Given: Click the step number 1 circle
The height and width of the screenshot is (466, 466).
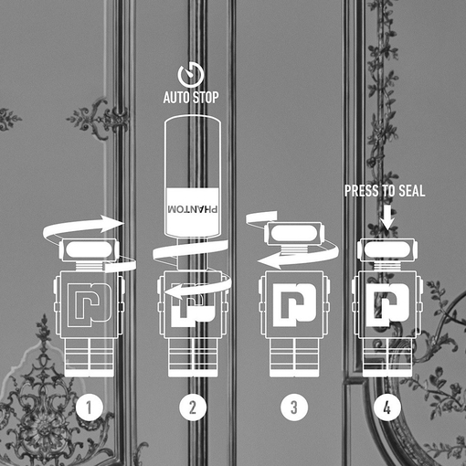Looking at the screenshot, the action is [90, 407].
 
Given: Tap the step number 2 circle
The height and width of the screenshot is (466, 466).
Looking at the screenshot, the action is [193, 407].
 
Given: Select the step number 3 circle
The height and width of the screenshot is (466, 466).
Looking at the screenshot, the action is [294, 407].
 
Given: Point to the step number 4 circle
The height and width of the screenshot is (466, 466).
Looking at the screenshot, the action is [387, 407].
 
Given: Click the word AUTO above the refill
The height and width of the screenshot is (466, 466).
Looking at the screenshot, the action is [176, 98].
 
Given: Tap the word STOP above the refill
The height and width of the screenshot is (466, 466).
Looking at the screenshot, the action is [206, 98].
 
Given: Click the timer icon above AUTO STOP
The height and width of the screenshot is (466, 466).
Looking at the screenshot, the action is [191, 75].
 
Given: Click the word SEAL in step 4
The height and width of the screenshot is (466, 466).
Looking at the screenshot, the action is [412, 191].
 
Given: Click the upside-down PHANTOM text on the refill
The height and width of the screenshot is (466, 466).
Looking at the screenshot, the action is [193, 209].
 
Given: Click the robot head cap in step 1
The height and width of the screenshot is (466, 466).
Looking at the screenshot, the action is [90, 250].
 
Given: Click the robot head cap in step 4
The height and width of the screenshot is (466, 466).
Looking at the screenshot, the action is [387, 250].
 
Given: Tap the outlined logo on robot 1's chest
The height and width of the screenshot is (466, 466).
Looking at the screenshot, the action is [89, 305].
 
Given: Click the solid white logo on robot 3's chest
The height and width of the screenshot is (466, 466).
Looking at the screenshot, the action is [295, 305].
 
